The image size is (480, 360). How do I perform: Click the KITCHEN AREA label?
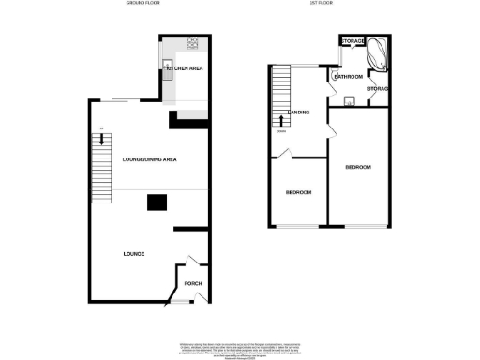point(186,69)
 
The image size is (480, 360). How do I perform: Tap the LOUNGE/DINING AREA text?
point(150,159)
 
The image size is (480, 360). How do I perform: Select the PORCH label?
point(193,284)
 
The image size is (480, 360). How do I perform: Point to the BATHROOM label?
point(348,76)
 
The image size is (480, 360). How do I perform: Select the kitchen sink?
point(168,67)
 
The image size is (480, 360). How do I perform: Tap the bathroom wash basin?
point(348,101)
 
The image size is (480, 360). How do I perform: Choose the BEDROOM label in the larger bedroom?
point(358,167)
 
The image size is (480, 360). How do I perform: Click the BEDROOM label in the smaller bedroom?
point(298,192)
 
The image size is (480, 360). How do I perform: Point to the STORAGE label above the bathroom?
point(352,42)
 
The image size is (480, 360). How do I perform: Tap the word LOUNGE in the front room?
point(132,254)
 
